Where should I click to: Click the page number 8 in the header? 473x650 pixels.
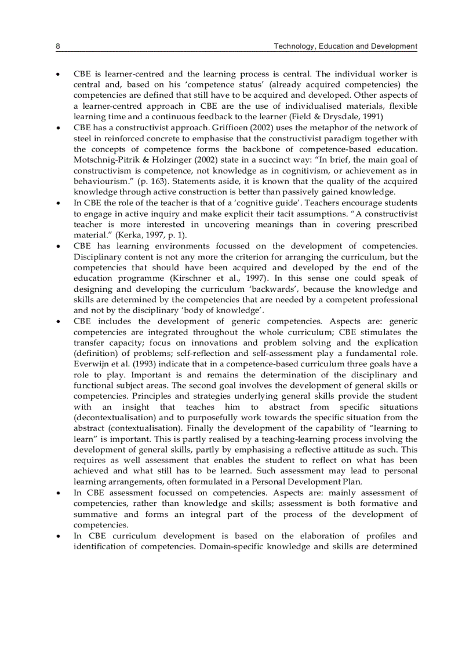(x=58, y=46)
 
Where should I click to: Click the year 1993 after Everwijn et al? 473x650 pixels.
(x=133, y=363)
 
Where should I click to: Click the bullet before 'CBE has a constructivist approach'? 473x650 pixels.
(x=58, y=128)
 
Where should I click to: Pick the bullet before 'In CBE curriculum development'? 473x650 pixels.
(x=58, y=535)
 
